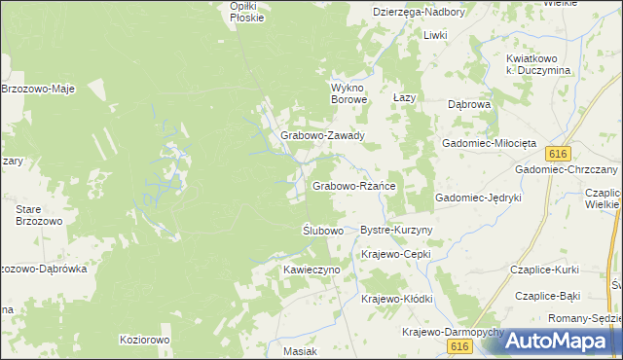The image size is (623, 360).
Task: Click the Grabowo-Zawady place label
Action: pos(322,136)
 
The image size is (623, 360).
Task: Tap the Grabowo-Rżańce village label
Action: pos(352,185)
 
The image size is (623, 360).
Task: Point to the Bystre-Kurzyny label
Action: pos(396,230)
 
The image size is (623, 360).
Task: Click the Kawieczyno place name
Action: pos(311,268)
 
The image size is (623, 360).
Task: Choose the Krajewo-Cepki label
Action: pos(395,254)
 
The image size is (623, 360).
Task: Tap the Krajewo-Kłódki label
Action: pos(396,299)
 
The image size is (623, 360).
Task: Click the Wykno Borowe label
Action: pos(348,92)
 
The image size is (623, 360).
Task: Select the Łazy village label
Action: pos(404,99)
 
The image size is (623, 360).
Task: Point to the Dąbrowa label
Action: pos(468,104)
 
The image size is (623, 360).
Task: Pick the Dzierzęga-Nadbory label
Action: pos(420,12)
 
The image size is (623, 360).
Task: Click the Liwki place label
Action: pos(434,35)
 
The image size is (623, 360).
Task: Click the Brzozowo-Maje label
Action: pos(38,89)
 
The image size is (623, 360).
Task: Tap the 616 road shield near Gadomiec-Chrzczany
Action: pos(557,155)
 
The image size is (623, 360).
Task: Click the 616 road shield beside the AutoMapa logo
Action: pos(460,346)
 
